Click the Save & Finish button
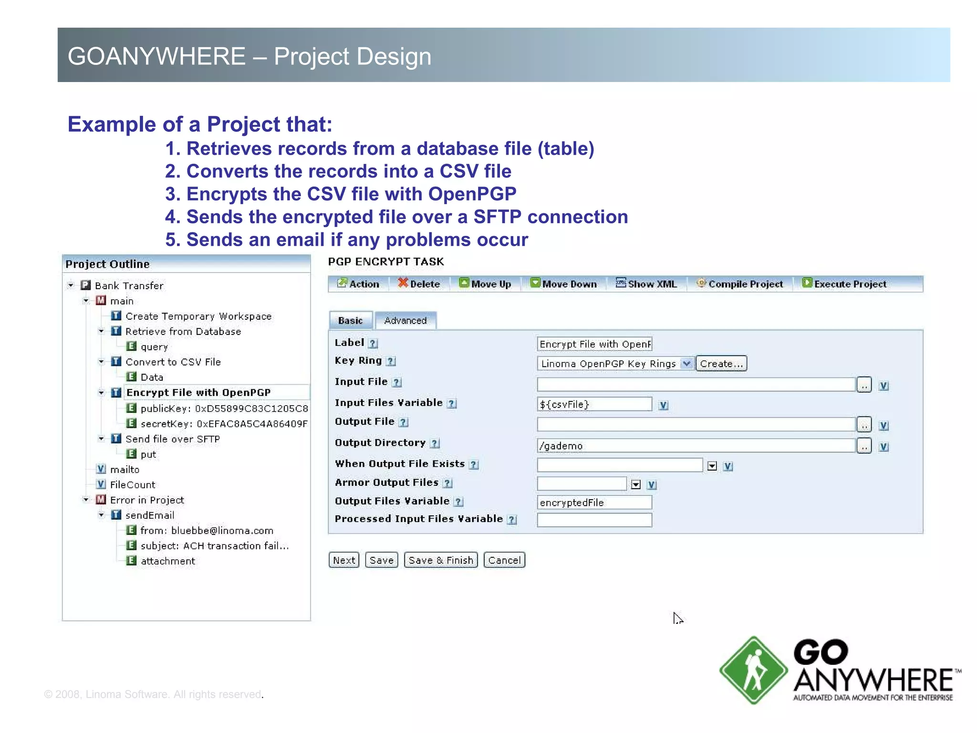440,560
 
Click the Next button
343,560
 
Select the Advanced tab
405,321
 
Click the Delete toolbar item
419,284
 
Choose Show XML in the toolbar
646,284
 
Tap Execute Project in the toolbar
844,284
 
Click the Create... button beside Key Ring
721,364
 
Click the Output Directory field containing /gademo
696,446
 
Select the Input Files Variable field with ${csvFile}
594,404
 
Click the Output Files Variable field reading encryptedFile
594,503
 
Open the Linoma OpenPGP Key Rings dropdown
686,364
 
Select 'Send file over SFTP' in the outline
172,439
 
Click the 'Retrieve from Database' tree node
183,332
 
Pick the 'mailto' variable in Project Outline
124,470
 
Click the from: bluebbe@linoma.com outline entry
207,531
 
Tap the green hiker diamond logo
753,670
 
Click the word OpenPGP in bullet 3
472,194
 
